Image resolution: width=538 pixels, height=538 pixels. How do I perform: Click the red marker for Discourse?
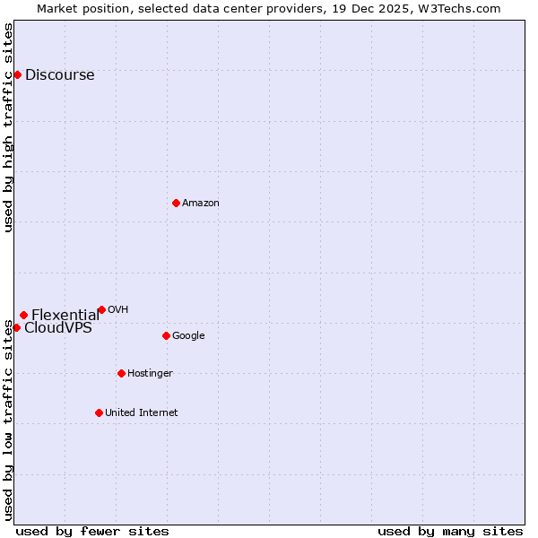point(17,74)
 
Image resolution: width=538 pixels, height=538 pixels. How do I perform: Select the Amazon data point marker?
point(176,203)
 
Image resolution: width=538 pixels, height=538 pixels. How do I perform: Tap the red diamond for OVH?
point(101,309)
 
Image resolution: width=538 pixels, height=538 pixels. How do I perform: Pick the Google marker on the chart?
point(166,335)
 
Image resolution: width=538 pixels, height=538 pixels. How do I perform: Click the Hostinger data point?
point(121,373)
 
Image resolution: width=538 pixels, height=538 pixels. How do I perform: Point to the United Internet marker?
point(99,412)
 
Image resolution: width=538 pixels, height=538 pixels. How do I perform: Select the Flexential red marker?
point(23,315)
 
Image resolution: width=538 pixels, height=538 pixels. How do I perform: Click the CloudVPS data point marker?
point(16,327)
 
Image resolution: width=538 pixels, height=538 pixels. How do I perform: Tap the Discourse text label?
point(59,75)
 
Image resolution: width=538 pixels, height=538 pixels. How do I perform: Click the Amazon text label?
point(201,204)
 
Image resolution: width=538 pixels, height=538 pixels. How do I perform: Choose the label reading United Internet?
point(141,413)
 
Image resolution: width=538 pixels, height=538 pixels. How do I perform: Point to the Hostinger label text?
point(150,374)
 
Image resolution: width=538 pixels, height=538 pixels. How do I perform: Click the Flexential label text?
point(65,315)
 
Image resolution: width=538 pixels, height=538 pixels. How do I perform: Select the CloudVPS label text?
point(57,328)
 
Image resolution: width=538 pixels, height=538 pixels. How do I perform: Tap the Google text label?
point(188,336)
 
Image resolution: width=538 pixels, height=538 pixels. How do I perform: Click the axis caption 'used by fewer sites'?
point(92,531)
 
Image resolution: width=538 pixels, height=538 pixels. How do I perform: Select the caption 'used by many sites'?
point(450,531)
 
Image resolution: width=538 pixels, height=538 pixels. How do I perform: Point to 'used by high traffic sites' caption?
point(8,127)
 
